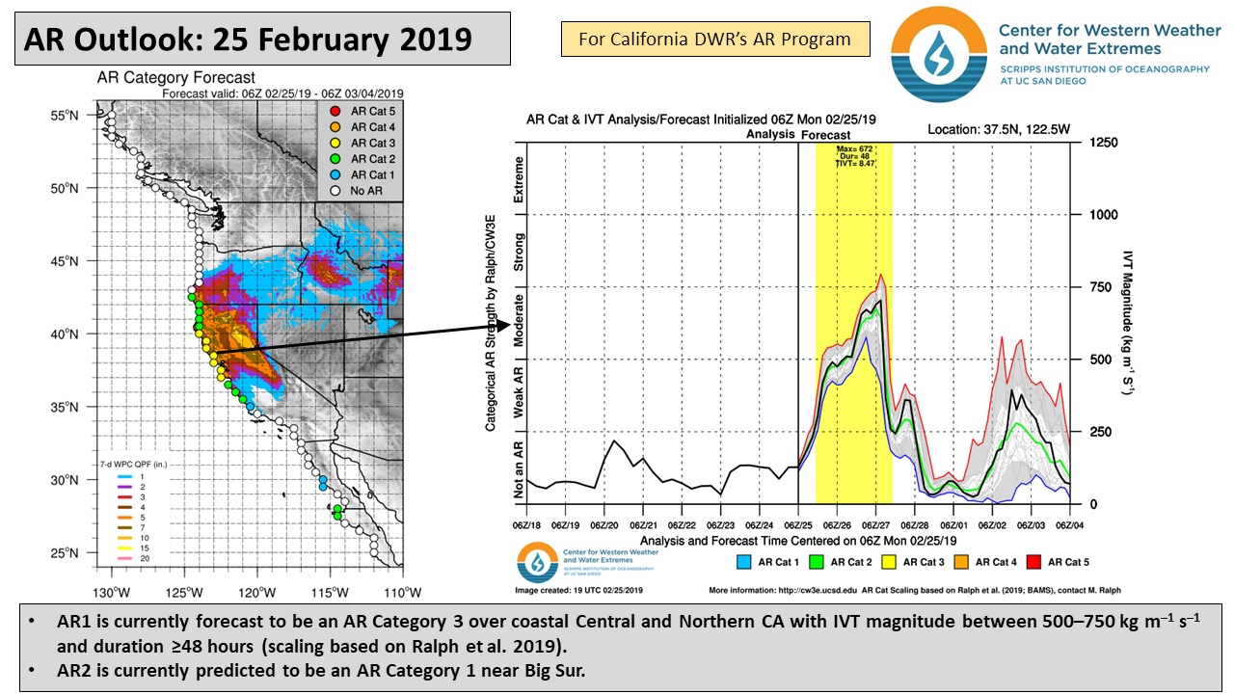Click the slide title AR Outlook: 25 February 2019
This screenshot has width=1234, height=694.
[x=248, y=40]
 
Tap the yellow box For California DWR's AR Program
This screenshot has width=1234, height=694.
[x=714, y=40]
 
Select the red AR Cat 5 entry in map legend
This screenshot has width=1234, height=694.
[x=336, y=111]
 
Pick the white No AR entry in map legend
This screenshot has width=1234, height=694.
[x=336, y=191]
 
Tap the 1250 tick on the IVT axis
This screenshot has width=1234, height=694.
[x=1103, y=142]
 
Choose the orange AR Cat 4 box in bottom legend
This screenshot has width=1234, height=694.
[x=960, y=562]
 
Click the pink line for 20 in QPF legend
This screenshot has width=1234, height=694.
[x=124, y=558]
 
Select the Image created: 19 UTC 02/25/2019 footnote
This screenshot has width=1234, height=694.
[x=573, y=590]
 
